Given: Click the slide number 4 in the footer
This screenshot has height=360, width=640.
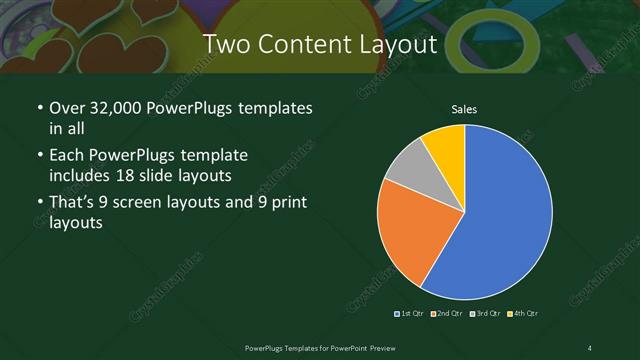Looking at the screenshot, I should pos(590,347).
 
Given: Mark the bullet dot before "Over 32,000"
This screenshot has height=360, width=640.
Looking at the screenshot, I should pos(39,108).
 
